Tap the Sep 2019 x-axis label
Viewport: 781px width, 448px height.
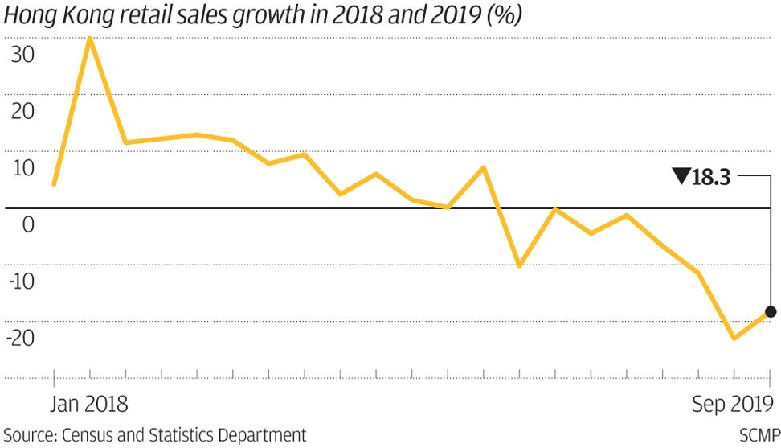tap(733, 403)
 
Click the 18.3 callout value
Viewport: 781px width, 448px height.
tap(710, 178)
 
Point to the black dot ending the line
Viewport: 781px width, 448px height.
tap(771, 312)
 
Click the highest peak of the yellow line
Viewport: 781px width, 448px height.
tap(89, 38)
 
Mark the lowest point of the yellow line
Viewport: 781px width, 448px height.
tap(734, 338)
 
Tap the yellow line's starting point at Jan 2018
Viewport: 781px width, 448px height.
tap(53, 184)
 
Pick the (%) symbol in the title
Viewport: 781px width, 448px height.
tap(505, 15)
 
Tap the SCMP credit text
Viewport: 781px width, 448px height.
tap(759, 435)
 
